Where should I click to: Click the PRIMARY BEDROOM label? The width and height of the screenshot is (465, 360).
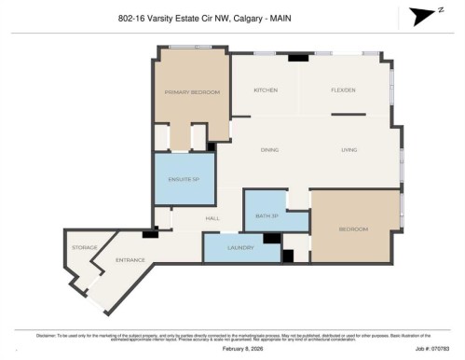(191, 92)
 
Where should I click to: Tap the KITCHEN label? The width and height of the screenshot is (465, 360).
(267, 90)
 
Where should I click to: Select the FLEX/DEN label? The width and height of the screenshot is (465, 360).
(343, 90)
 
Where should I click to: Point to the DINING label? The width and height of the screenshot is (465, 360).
(269, 149)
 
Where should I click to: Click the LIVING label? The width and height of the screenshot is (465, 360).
(349, 149)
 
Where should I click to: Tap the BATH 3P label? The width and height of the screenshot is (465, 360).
(267, 215)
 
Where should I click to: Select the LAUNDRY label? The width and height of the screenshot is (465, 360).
(240, 247)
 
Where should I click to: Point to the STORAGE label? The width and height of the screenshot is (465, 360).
(86, 247)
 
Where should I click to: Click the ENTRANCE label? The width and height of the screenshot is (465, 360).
(130, 260)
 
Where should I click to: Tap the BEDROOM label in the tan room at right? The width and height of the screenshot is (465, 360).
(353, 228)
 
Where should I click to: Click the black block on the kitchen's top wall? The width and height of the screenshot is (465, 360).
(298, 58)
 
